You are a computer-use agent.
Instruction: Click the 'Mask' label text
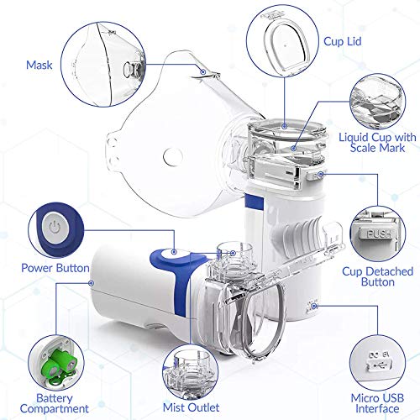pos(39,63)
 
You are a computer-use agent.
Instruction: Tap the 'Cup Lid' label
pos(343,39)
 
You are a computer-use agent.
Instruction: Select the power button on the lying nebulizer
pos(171,251)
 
